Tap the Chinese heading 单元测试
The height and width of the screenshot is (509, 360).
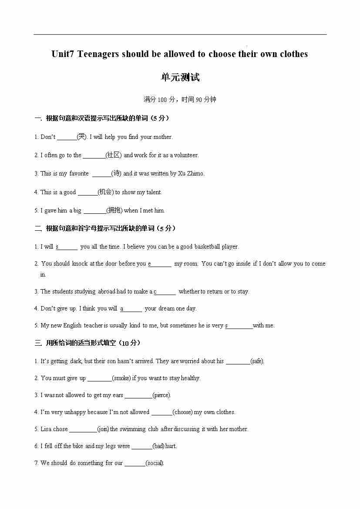180,78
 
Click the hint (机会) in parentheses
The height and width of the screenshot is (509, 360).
106,192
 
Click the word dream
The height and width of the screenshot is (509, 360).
167,308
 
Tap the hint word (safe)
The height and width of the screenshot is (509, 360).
257,361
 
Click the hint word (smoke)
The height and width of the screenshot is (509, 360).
121,378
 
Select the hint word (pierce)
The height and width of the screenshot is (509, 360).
162,395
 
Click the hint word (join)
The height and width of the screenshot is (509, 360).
103,429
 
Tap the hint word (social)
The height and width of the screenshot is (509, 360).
155,463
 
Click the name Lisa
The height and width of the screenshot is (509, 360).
46,429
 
